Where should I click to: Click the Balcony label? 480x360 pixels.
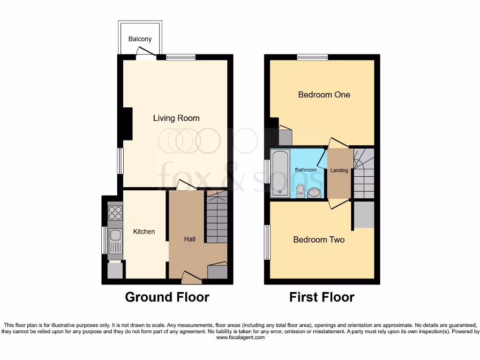(140, 39)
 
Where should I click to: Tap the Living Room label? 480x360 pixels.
(176, 118)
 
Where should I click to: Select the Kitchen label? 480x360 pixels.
(144, 232)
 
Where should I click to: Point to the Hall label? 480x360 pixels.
(190, 239)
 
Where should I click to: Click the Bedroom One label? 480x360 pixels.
(324, 95)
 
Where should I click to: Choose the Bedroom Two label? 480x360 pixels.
(319, 240)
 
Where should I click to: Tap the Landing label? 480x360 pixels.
(339, 171)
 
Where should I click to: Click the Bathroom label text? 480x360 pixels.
(306, 170)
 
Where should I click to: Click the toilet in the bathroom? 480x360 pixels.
(301, 190)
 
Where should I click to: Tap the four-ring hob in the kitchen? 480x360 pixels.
(115, 214)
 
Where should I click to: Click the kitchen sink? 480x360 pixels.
(115, 240)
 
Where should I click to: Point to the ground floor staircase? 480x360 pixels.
(217, 217)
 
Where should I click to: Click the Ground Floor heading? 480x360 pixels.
(167, 297)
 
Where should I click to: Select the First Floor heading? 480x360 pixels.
(322, 297)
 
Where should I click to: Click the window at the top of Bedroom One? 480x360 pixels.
(312, 57)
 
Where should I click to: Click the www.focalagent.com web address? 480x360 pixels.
(240, 337)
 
